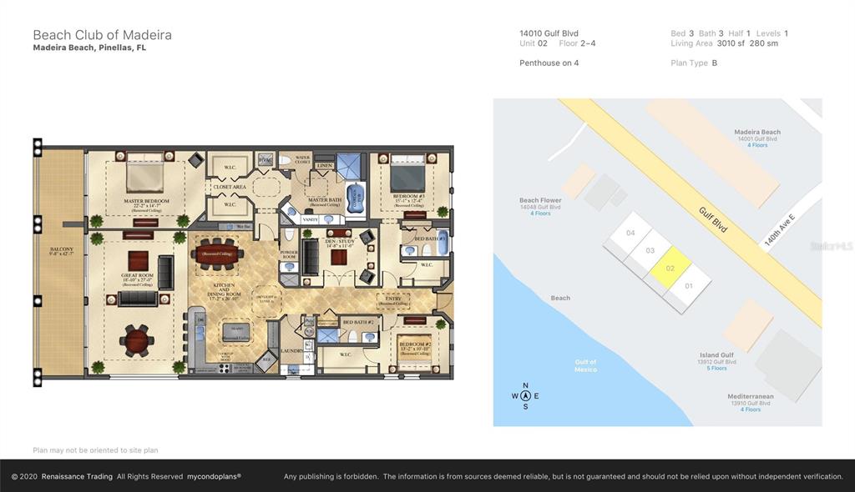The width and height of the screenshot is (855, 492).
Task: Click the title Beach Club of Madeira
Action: [102, 34]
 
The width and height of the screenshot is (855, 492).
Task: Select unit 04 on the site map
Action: [631, 233]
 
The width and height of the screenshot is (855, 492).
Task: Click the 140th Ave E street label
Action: [779, 228]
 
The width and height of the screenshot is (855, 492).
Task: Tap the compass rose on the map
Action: [525, 396]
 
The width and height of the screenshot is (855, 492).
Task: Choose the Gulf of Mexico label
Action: [585, 365]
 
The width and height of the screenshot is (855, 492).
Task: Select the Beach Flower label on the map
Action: [540, 200]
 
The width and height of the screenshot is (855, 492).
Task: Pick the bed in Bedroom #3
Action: [408, 177]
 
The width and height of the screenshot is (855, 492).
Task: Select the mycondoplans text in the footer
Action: [213, 476]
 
